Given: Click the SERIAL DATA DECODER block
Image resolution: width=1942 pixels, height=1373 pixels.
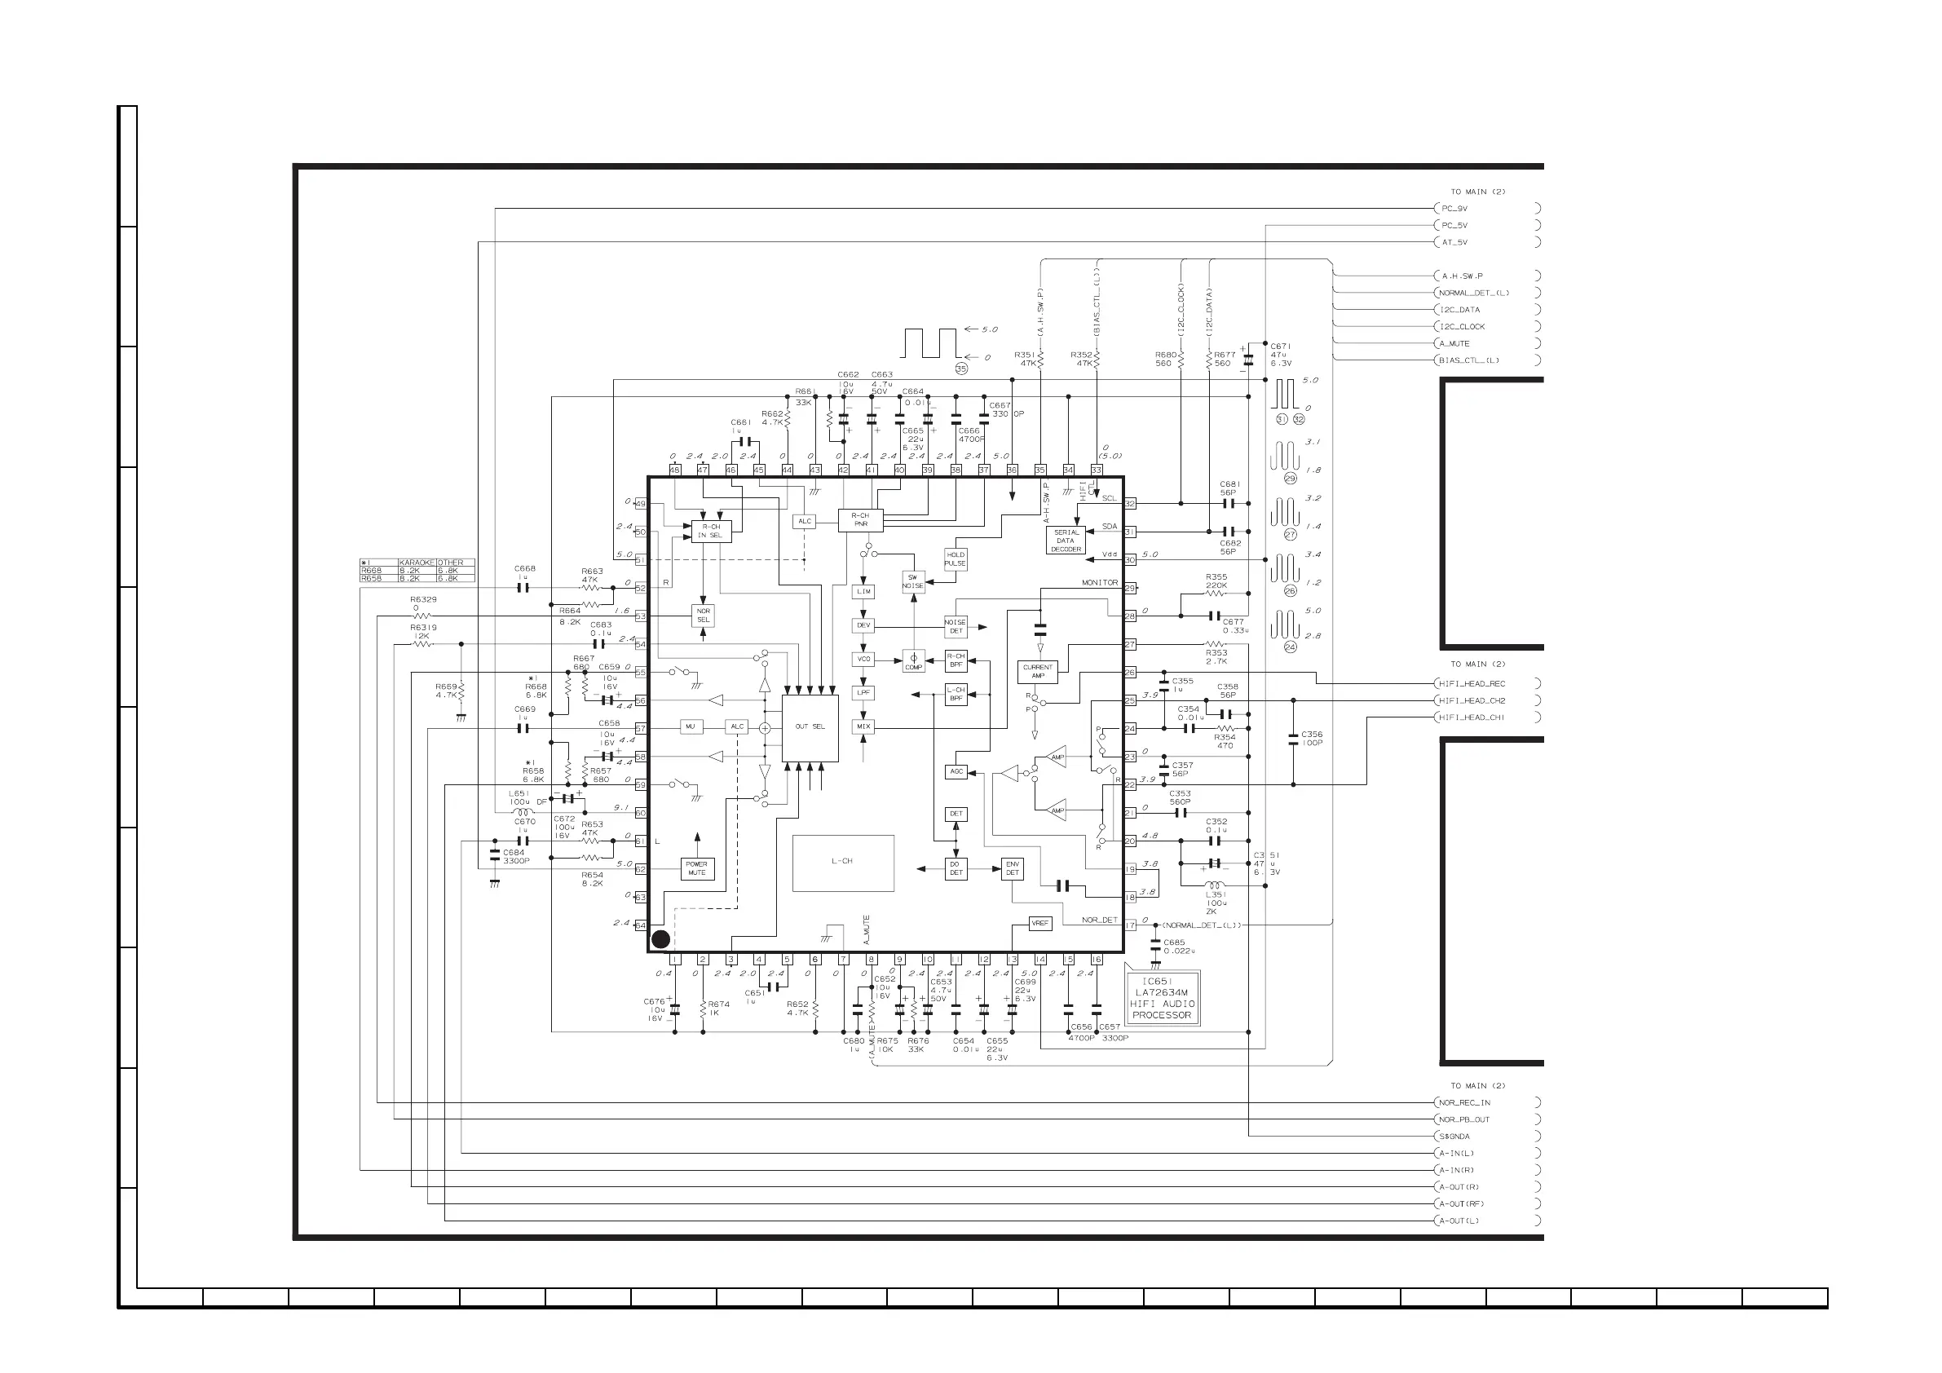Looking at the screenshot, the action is [x=1065, y=541].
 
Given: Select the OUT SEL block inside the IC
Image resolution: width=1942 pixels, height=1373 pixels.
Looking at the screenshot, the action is [x=810, y=726].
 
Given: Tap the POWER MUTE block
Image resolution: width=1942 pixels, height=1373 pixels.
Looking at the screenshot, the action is [x=697, y=869].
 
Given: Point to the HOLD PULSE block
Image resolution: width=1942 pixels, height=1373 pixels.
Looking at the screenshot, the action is [x=955, y=559].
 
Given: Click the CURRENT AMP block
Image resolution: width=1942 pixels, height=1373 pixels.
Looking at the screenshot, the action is [x=1038, y=672].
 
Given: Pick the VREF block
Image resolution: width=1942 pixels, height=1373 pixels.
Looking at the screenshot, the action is [x=1039, y=923].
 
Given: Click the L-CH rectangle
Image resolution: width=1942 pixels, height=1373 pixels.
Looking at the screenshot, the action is [x=842, y=862].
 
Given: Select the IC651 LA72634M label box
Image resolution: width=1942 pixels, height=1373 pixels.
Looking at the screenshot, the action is [x=1161, y=998].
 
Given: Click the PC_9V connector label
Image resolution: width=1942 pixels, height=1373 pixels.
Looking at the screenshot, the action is [x=1454, y=208].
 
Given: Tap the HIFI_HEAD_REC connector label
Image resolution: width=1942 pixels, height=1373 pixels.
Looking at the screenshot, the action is [x=1472, y=683].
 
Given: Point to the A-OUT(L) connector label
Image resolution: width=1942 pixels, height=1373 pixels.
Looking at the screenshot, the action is [x=1460, y=1221].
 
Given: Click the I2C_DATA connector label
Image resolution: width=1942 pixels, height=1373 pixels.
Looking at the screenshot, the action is [x=1461, y=310].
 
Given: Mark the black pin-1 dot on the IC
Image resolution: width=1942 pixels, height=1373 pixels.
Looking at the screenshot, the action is [x=660, y=939].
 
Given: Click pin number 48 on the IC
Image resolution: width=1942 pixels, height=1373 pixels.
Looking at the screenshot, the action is [x=675, y=470].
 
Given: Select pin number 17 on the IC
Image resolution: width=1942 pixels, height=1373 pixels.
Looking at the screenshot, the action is [x=1129, y=925].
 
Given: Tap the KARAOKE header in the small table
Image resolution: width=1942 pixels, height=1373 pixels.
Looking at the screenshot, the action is [x=416, y=563].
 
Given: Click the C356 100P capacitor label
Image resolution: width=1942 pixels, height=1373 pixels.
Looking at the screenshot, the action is [x=1312, y=739].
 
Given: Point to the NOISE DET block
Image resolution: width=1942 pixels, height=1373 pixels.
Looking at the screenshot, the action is [x=955, y=626].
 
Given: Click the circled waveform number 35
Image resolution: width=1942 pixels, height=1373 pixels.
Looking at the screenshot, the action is [x=961, y=369].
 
